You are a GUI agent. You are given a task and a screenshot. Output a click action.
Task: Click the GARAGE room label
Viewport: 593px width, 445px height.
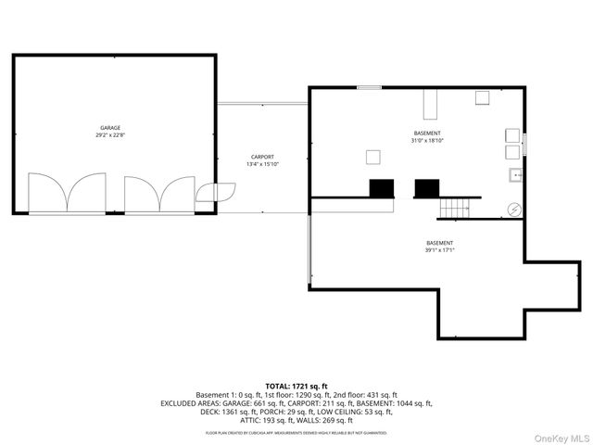point(111,128)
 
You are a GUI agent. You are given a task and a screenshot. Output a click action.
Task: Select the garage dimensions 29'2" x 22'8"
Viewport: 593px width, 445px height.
point(111,135)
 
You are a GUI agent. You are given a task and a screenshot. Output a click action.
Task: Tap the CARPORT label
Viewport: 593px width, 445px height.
point(262,157)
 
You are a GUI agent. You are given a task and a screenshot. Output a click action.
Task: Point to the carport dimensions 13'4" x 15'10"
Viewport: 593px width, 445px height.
point(262,164)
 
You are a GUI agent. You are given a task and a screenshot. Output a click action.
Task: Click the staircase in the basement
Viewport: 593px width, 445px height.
point(453,209)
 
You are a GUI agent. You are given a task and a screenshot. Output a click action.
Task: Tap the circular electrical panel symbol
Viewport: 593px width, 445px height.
point(513,210)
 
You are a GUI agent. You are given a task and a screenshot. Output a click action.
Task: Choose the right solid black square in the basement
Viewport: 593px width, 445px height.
point(425,188)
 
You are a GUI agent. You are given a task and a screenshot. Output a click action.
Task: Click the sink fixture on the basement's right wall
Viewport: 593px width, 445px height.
point(512,175)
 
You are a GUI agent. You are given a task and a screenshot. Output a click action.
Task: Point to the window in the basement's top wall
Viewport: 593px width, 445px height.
point(369,88)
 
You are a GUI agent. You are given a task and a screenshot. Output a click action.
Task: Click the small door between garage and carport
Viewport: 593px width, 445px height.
point(213,192)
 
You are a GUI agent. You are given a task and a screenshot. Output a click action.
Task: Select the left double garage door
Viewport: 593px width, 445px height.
point(66,193)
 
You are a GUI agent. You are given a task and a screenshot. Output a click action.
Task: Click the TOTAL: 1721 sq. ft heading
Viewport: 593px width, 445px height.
point(296,386)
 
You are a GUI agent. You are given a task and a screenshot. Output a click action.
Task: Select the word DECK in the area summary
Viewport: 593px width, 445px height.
point(210,412)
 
